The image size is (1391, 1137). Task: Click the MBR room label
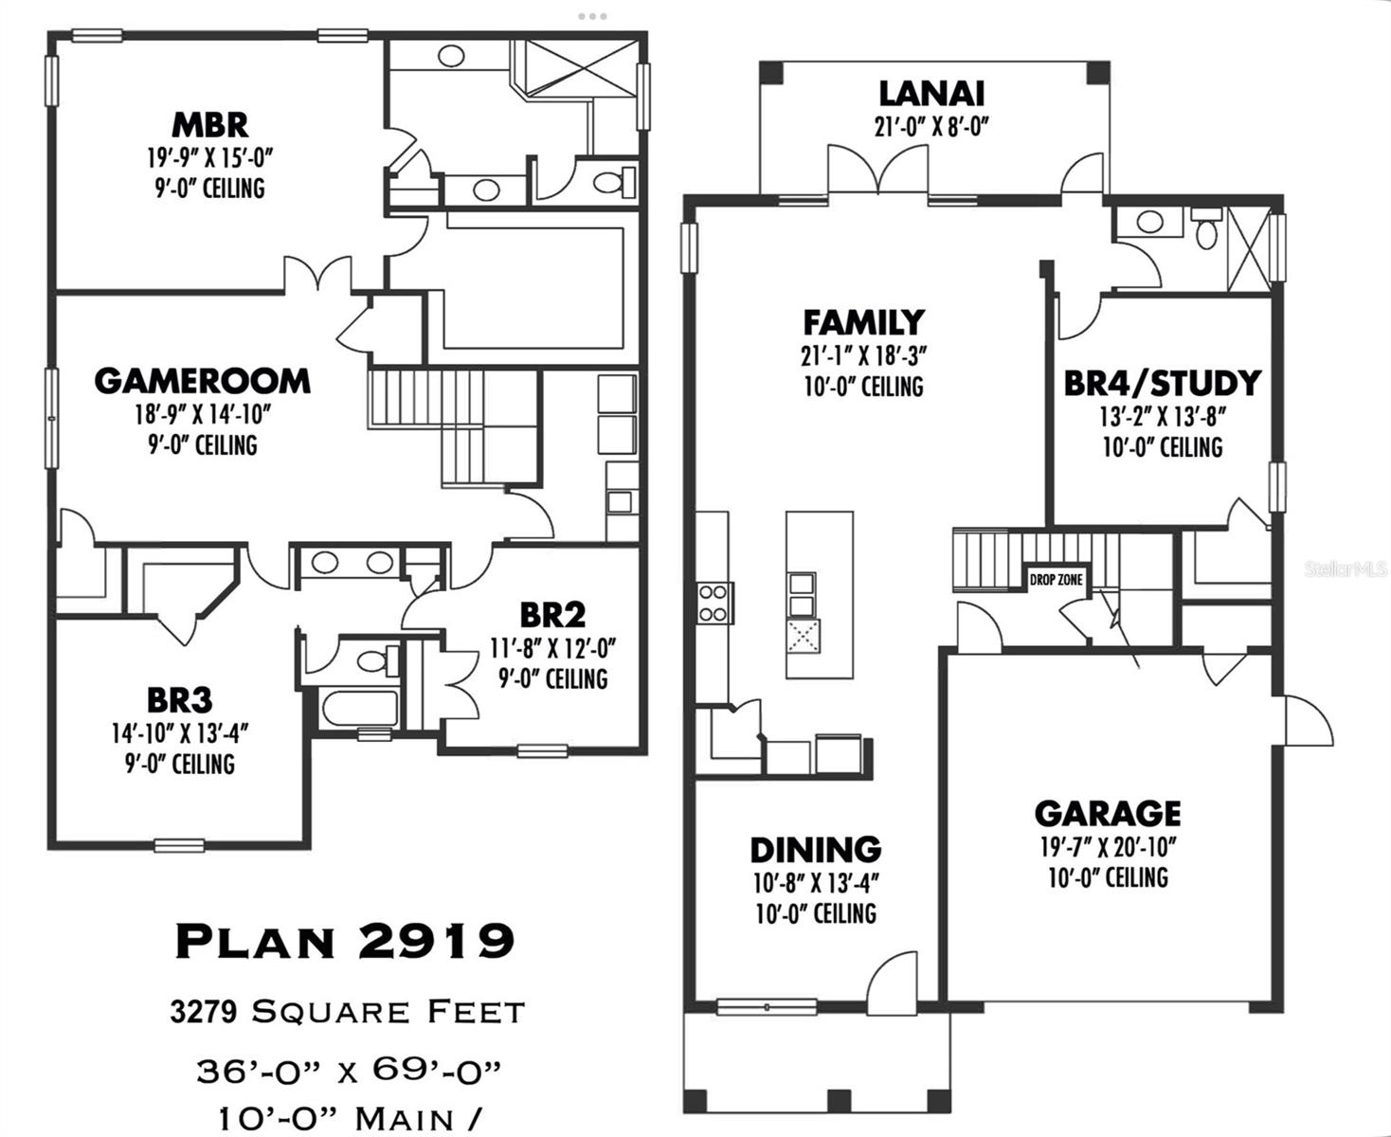(x=209, y=125)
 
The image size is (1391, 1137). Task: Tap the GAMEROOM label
(x=203, y=381)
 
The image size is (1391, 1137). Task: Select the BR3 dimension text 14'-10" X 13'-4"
(x=180, y=733)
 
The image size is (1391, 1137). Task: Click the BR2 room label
(x=552, y=615)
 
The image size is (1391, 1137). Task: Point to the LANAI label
(x=932, y=94)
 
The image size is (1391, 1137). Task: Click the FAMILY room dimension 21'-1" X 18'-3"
(x=864, y=356)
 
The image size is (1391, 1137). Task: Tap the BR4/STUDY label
(x=1163, y=383)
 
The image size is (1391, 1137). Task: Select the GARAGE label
(x=1108, y=813)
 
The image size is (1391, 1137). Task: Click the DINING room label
(x=816, y=850)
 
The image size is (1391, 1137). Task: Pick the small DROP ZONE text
(x=1056, y=580)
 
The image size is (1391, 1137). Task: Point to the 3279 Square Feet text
(x=348, y=1012)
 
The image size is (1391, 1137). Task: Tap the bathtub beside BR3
(x=360, y=709)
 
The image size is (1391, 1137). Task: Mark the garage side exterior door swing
(x=1309, y=721)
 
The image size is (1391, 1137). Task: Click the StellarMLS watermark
(x=1346, y=569)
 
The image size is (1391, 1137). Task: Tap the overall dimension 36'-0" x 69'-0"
(x=349, y=1071)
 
